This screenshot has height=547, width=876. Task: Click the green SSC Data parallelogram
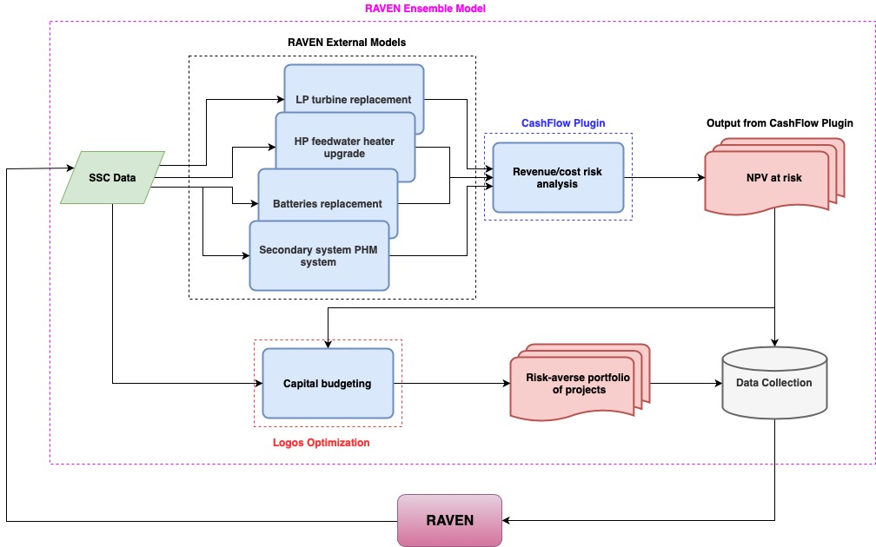(112, 178)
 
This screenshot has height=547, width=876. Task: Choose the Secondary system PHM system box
(318, 255)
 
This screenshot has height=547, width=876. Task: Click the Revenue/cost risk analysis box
(558, 178)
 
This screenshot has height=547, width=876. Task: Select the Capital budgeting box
(328, 383)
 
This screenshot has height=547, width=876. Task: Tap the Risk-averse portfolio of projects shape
(576, 383)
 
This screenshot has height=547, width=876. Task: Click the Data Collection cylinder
(773, 383)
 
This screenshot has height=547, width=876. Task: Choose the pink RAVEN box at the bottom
(449, 520)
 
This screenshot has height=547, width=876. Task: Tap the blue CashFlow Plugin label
(563, 123)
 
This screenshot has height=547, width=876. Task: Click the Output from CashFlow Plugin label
(780, 123)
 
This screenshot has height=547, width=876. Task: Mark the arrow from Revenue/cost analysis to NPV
(665, 178)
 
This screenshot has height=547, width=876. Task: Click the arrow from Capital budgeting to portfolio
(452, 383)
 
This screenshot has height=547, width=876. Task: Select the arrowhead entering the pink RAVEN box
(508, 520)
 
